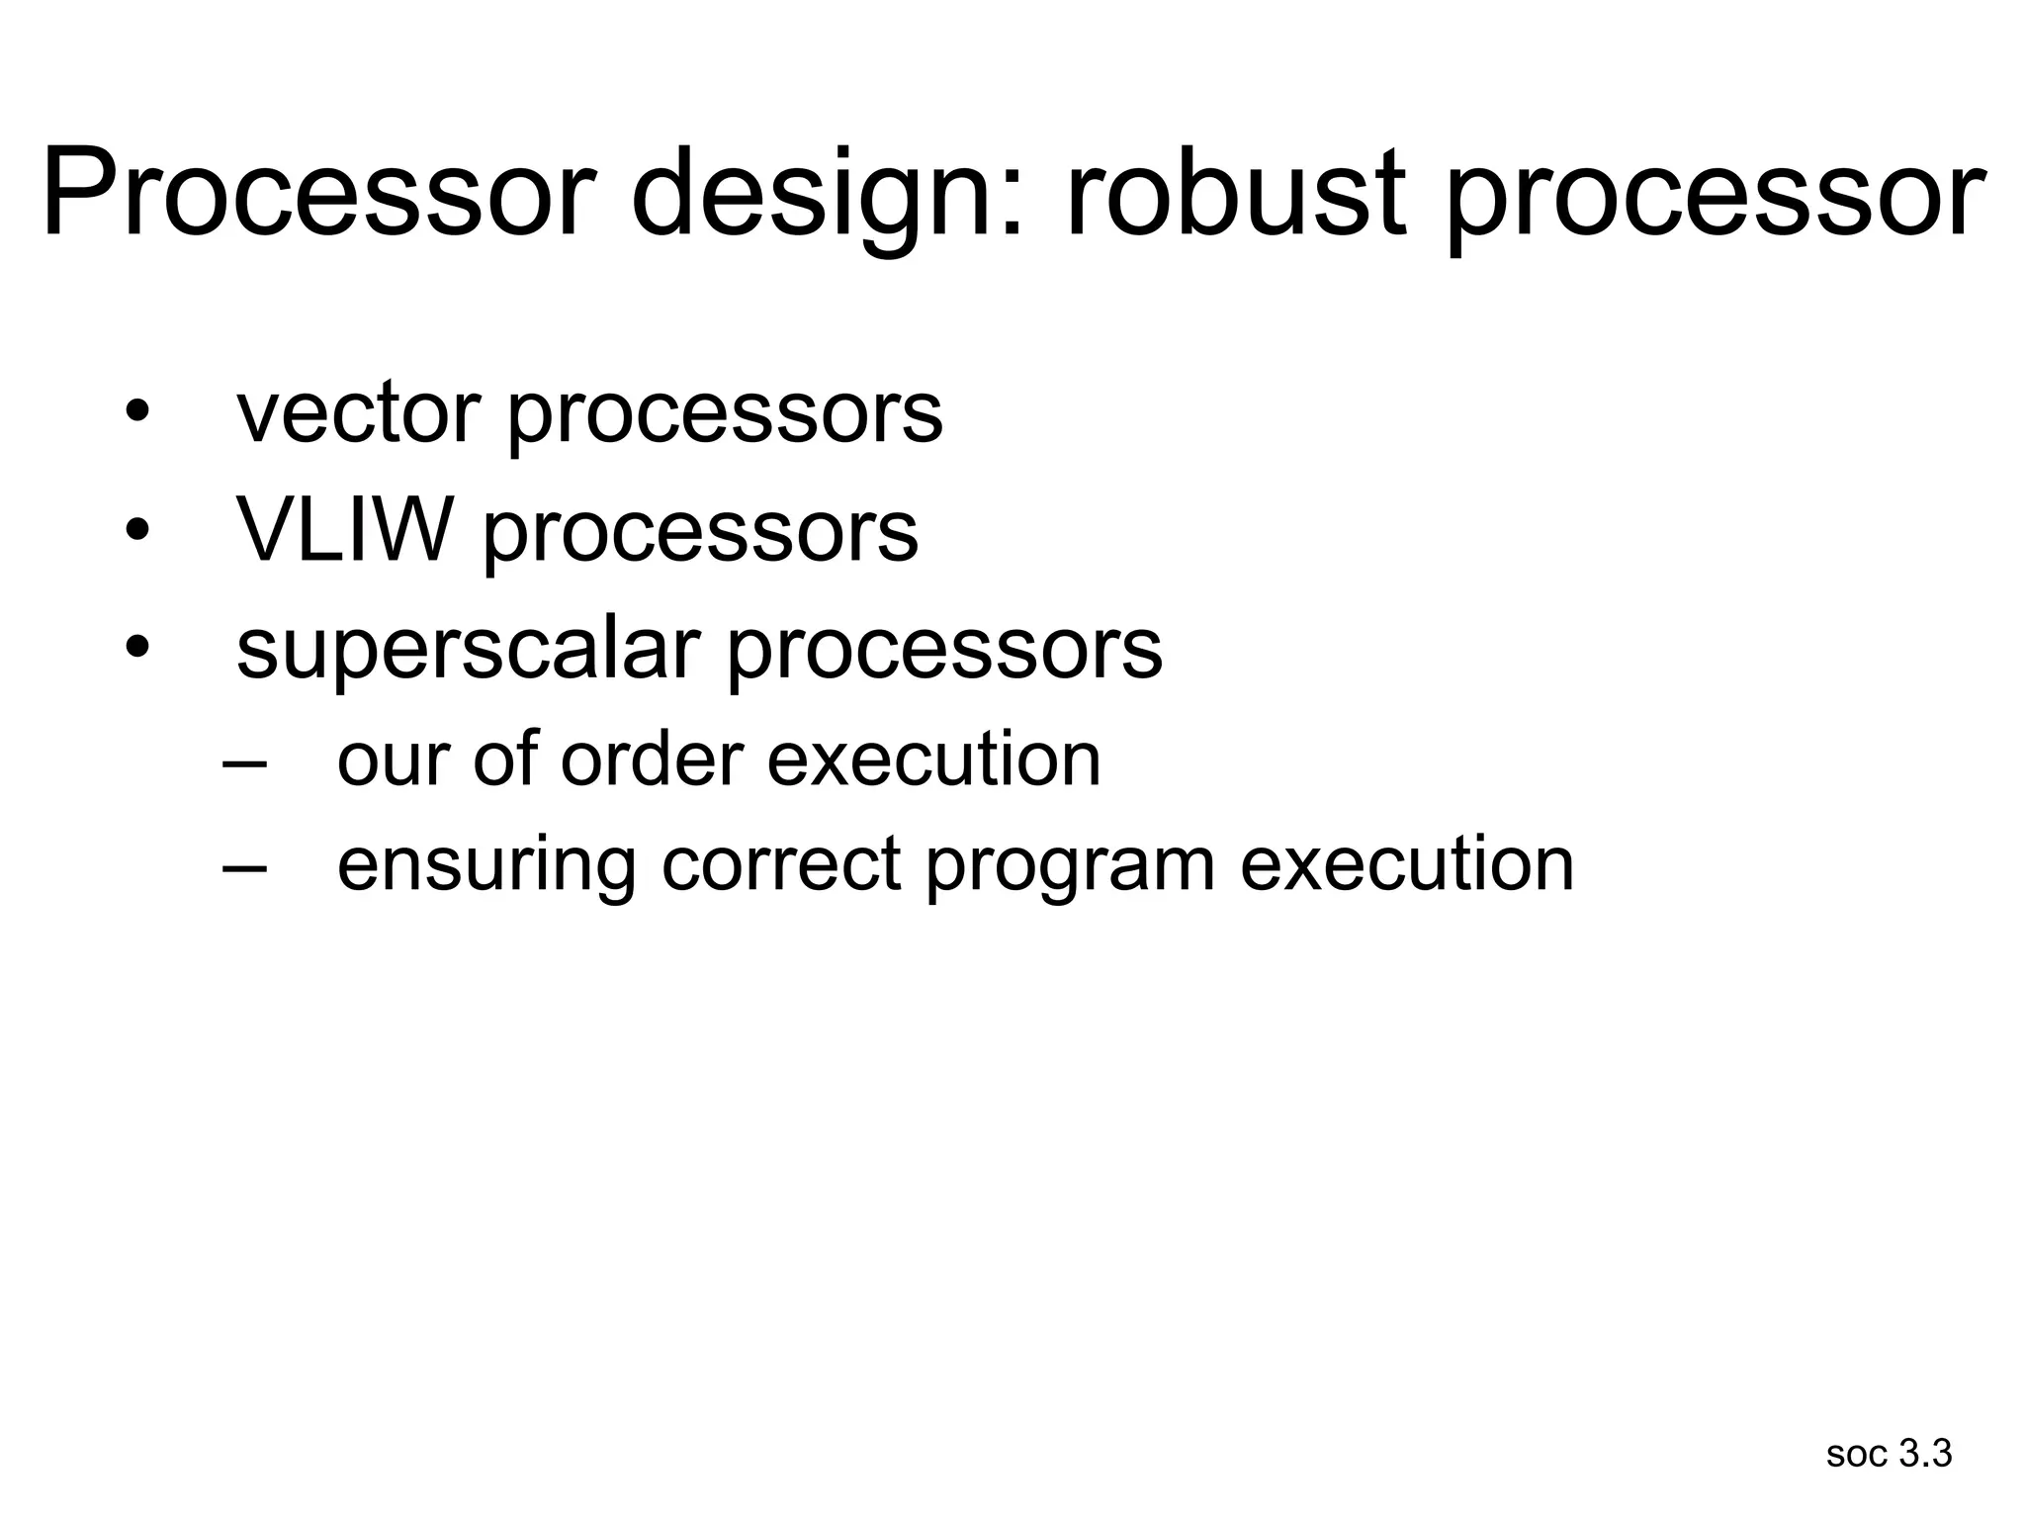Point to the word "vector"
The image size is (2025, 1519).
(358, 413)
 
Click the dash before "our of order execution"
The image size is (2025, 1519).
(245, 763)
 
